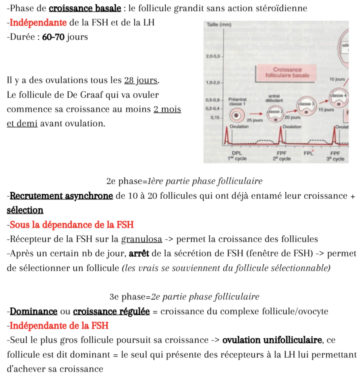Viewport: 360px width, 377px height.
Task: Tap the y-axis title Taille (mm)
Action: tap(219, 25)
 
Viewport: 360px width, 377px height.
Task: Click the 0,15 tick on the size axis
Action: tap(216, 118)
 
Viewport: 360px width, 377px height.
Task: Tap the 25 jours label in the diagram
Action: tap(255, 120)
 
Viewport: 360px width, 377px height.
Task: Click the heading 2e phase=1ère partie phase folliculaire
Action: tap(184, 182)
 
